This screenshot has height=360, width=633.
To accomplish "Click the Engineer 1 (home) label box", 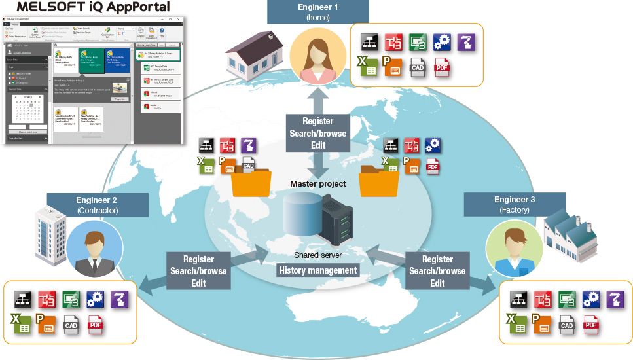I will click(x=317, y=12).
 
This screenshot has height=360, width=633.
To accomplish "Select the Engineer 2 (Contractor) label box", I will click(x=96, y=204).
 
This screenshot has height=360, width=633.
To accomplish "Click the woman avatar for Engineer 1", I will click(x=317, y=60).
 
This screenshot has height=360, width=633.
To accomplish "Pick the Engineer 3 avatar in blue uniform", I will click(x=513, y=247).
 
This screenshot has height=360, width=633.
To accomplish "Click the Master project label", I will click(x=317, y=184).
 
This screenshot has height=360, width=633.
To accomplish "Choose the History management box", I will click(x=318, y=270).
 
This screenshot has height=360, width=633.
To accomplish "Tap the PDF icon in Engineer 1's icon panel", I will click(x=442, y=67).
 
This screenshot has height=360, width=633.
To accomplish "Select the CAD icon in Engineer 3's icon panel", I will click(x=567, y=323).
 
